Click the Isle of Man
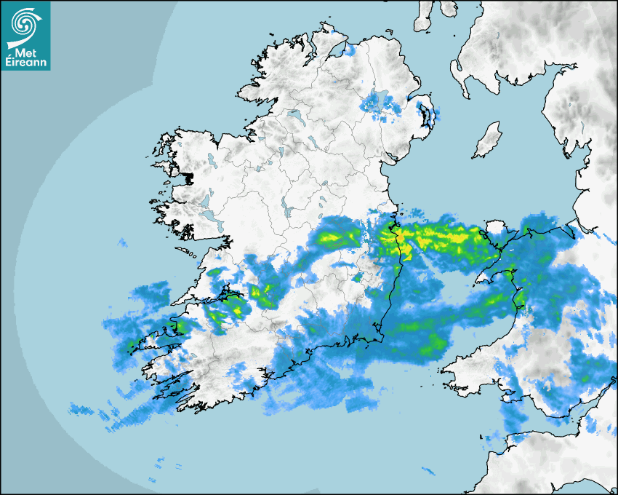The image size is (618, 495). click(487, 140)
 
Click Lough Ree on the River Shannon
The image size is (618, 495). click(287, 210)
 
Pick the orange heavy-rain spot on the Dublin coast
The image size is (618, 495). click(399, 237)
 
